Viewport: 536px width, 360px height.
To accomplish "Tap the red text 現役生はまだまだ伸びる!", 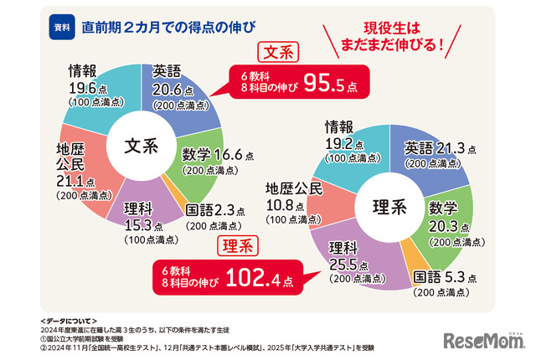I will coord(392,36).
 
